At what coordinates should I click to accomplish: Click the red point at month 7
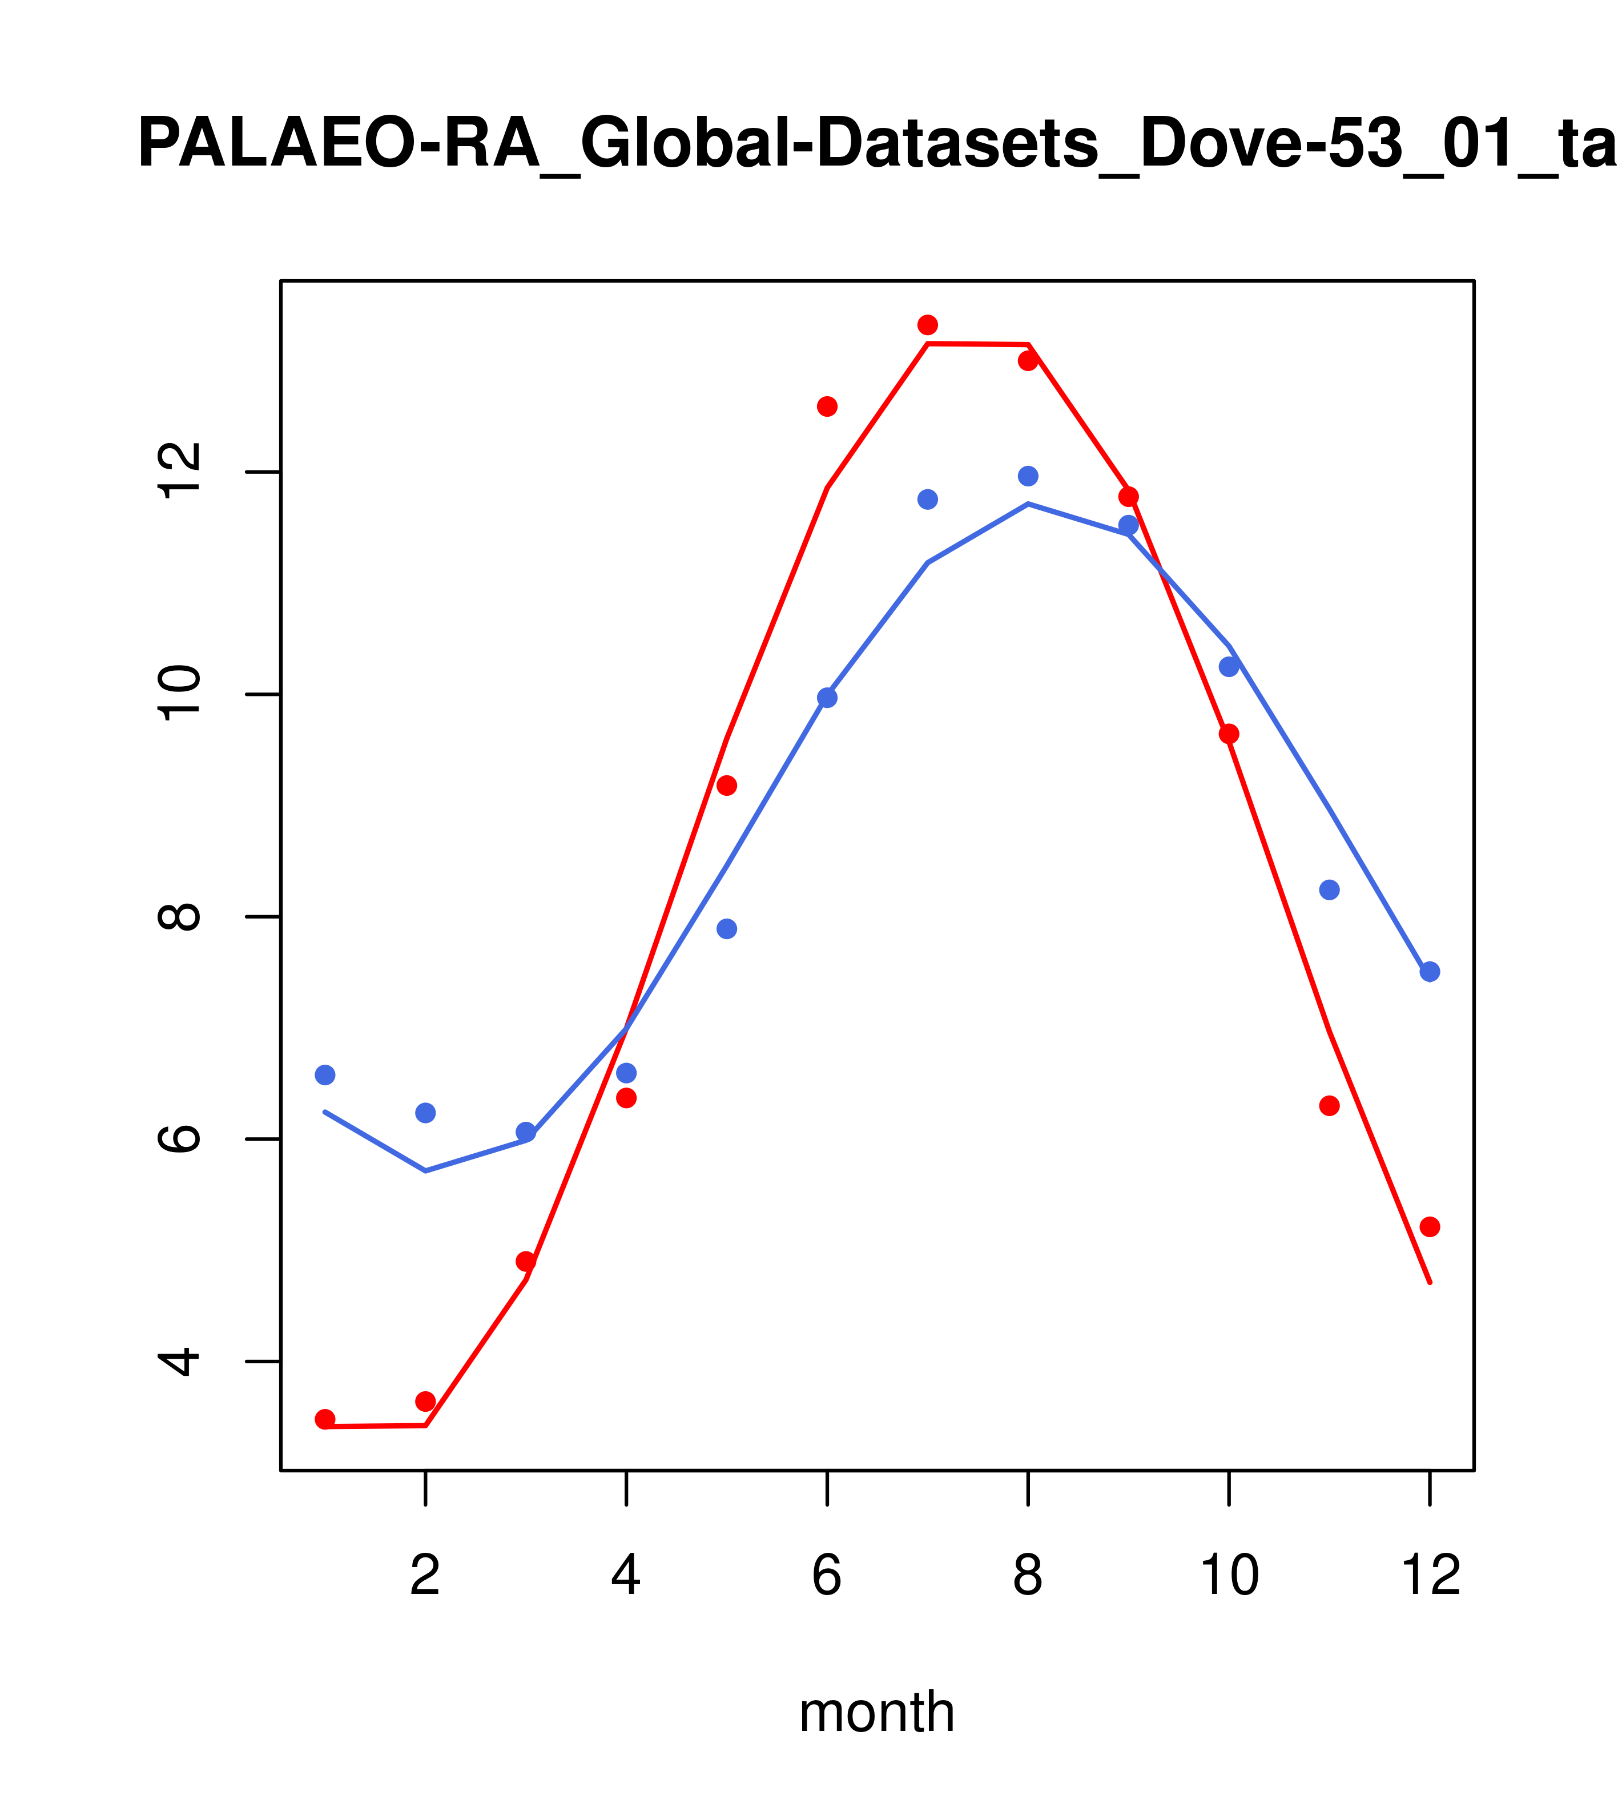click(x=927, y=324)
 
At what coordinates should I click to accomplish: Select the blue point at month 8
click(x=1028, y=476)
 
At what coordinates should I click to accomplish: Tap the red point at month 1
click(x=325, y=1419)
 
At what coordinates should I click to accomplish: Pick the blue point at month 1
click(x=325, y=1075)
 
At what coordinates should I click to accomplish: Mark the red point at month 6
click(x=827, y=406)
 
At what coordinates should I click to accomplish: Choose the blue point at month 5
click(x=727, y=929)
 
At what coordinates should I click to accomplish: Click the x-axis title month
click(x=876, y=1712)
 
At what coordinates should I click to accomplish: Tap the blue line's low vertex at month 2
click(x=426, y=1170)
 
